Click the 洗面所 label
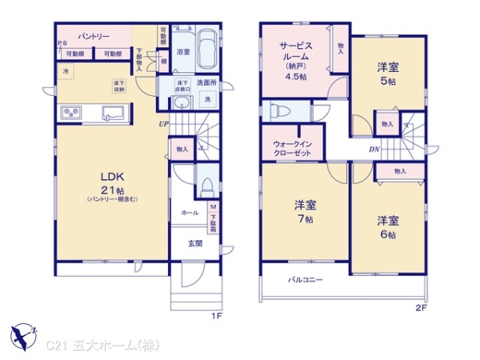[x=206, y=82]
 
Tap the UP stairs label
[x=163, y=124]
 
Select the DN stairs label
[x=374, y=150]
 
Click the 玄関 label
[x=194, y=243]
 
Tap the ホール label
[x=190, y=213]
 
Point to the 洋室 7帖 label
[x=305, y=208]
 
